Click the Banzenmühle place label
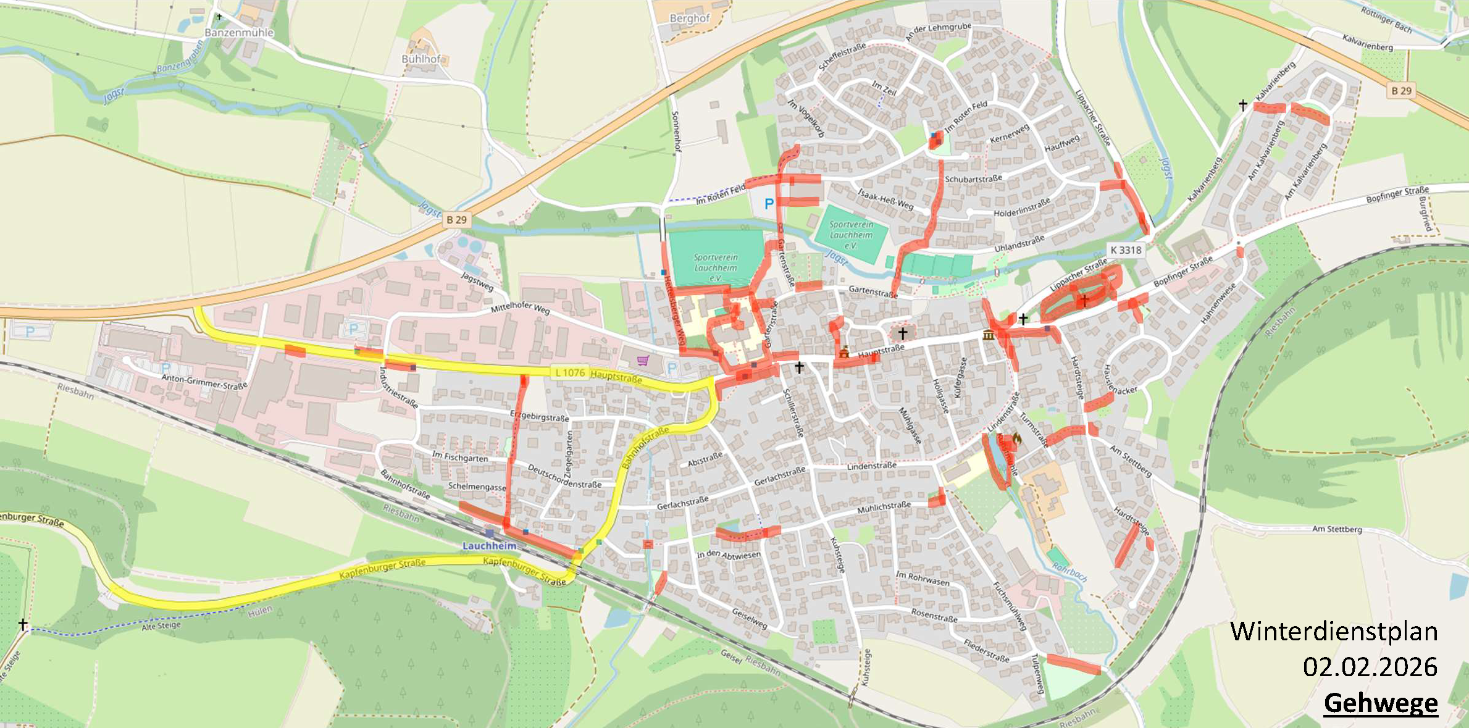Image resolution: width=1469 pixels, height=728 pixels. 238,33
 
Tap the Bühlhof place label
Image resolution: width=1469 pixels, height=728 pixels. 421,59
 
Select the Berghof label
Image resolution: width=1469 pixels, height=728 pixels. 690,19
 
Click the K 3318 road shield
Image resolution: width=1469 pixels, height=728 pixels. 1126,250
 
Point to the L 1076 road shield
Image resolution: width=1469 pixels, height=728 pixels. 569,372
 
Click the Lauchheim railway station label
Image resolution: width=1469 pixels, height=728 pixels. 489,546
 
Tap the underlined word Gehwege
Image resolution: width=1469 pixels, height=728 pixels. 1381,703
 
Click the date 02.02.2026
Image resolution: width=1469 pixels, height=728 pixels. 1370,667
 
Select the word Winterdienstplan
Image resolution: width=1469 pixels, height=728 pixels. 1334,632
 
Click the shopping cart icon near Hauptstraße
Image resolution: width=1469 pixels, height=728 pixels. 643,360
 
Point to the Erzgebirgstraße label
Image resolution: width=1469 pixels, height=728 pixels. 540,416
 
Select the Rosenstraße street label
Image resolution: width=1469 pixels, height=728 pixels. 934,615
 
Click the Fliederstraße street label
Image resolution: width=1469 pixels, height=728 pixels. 986,651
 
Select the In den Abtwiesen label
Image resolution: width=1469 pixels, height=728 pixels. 729,554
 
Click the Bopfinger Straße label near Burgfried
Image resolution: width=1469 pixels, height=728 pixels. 1397,195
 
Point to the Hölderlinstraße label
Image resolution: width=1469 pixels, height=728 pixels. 1021,208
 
